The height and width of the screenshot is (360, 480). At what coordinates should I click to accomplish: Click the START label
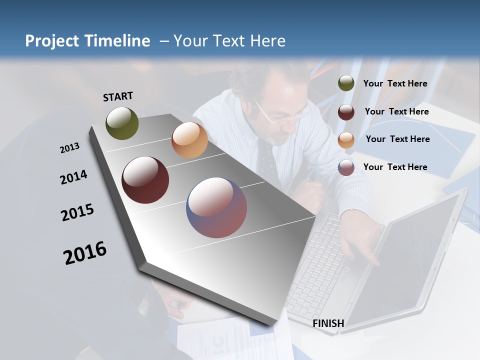click(118, 96)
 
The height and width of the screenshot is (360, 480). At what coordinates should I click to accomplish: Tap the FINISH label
click(328, 323)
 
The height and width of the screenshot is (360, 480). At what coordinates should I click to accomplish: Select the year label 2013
click(69, 148)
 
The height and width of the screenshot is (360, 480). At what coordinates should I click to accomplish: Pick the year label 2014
click(73, 177)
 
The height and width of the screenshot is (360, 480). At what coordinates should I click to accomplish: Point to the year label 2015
click(77, 212)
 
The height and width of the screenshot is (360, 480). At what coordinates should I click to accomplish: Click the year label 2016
click(85, 252)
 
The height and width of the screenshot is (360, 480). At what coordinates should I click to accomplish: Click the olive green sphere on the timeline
click(122, 123)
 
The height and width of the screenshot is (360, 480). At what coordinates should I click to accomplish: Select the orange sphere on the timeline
click(189, 140)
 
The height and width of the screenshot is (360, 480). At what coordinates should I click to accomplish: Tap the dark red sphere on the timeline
click(145, 180)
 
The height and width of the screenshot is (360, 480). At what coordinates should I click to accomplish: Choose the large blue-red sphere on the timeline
click(216, 207)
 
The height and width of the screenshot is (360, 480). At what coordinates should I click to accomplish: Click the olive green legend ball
click(346, 83)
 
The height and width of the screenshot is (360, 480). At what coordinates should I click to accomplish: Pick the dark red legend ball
click(346, 112)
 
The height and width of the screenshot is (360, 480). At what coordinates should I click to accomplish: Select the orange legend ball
click(346, 140)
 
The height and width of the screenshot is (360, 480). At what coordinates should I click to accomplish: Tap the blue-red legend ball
click(346, 167)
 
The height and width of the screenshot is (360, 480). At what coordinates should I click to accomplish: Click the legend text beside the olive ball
click(395, 83)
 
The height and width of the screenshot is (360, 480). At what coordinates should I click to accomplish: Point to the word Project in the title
click(51, 41)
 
